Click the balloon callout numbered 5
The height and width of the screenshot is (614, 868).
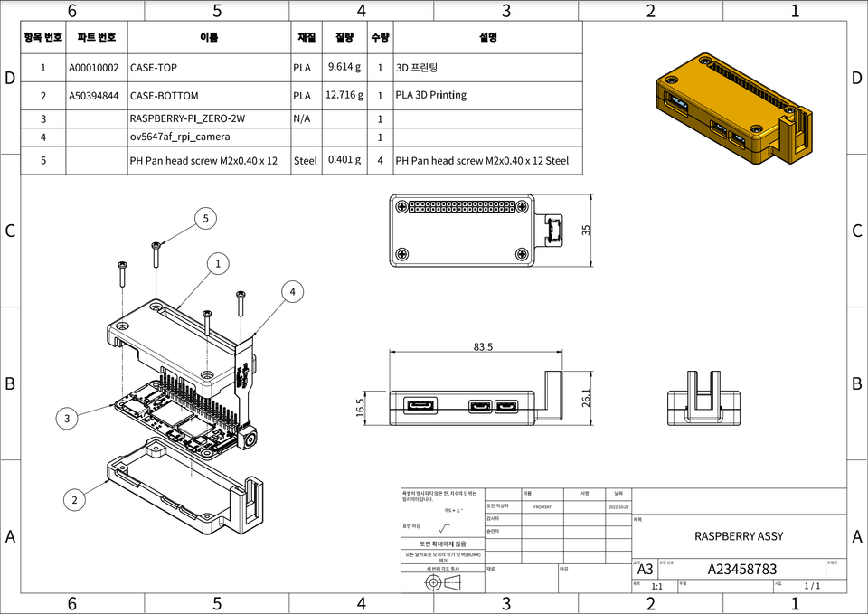206,218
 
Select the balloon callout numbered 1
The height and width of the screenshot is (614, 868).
218,263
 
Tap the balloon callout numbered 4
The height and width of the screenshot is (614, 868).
292,291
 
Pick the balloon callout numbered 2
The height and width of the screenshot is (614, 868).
75,498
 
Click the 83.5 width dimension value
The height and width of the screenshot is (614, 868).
482,346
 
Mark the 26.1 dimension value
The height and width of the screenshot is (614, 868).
584,397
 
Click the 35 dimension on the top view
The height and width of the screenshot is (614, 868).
586,230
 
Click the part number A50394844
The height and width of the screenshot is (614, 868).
94,95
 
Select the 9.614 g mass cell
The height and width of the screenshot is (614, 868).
344,67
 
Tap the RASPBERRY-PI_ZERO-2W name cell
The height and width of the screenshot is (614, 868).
187,118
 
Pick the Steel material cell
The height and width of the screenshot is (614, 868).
306,161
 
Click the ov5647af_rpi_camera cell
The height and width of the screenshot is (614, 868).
180,137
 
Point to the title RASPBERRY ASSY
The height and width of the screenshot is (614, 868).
739,536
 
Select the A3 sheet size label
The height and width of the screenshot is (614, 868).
645,570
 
